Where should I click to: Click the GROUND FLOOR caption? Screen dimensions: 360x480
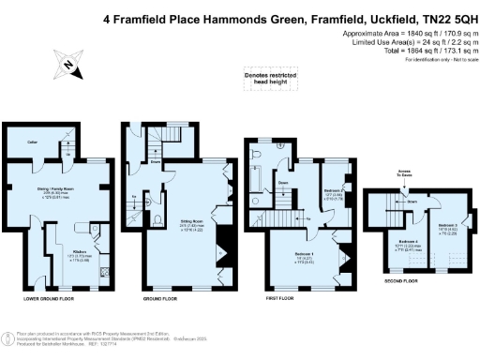pyautogui.click(x=159, y=298)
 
